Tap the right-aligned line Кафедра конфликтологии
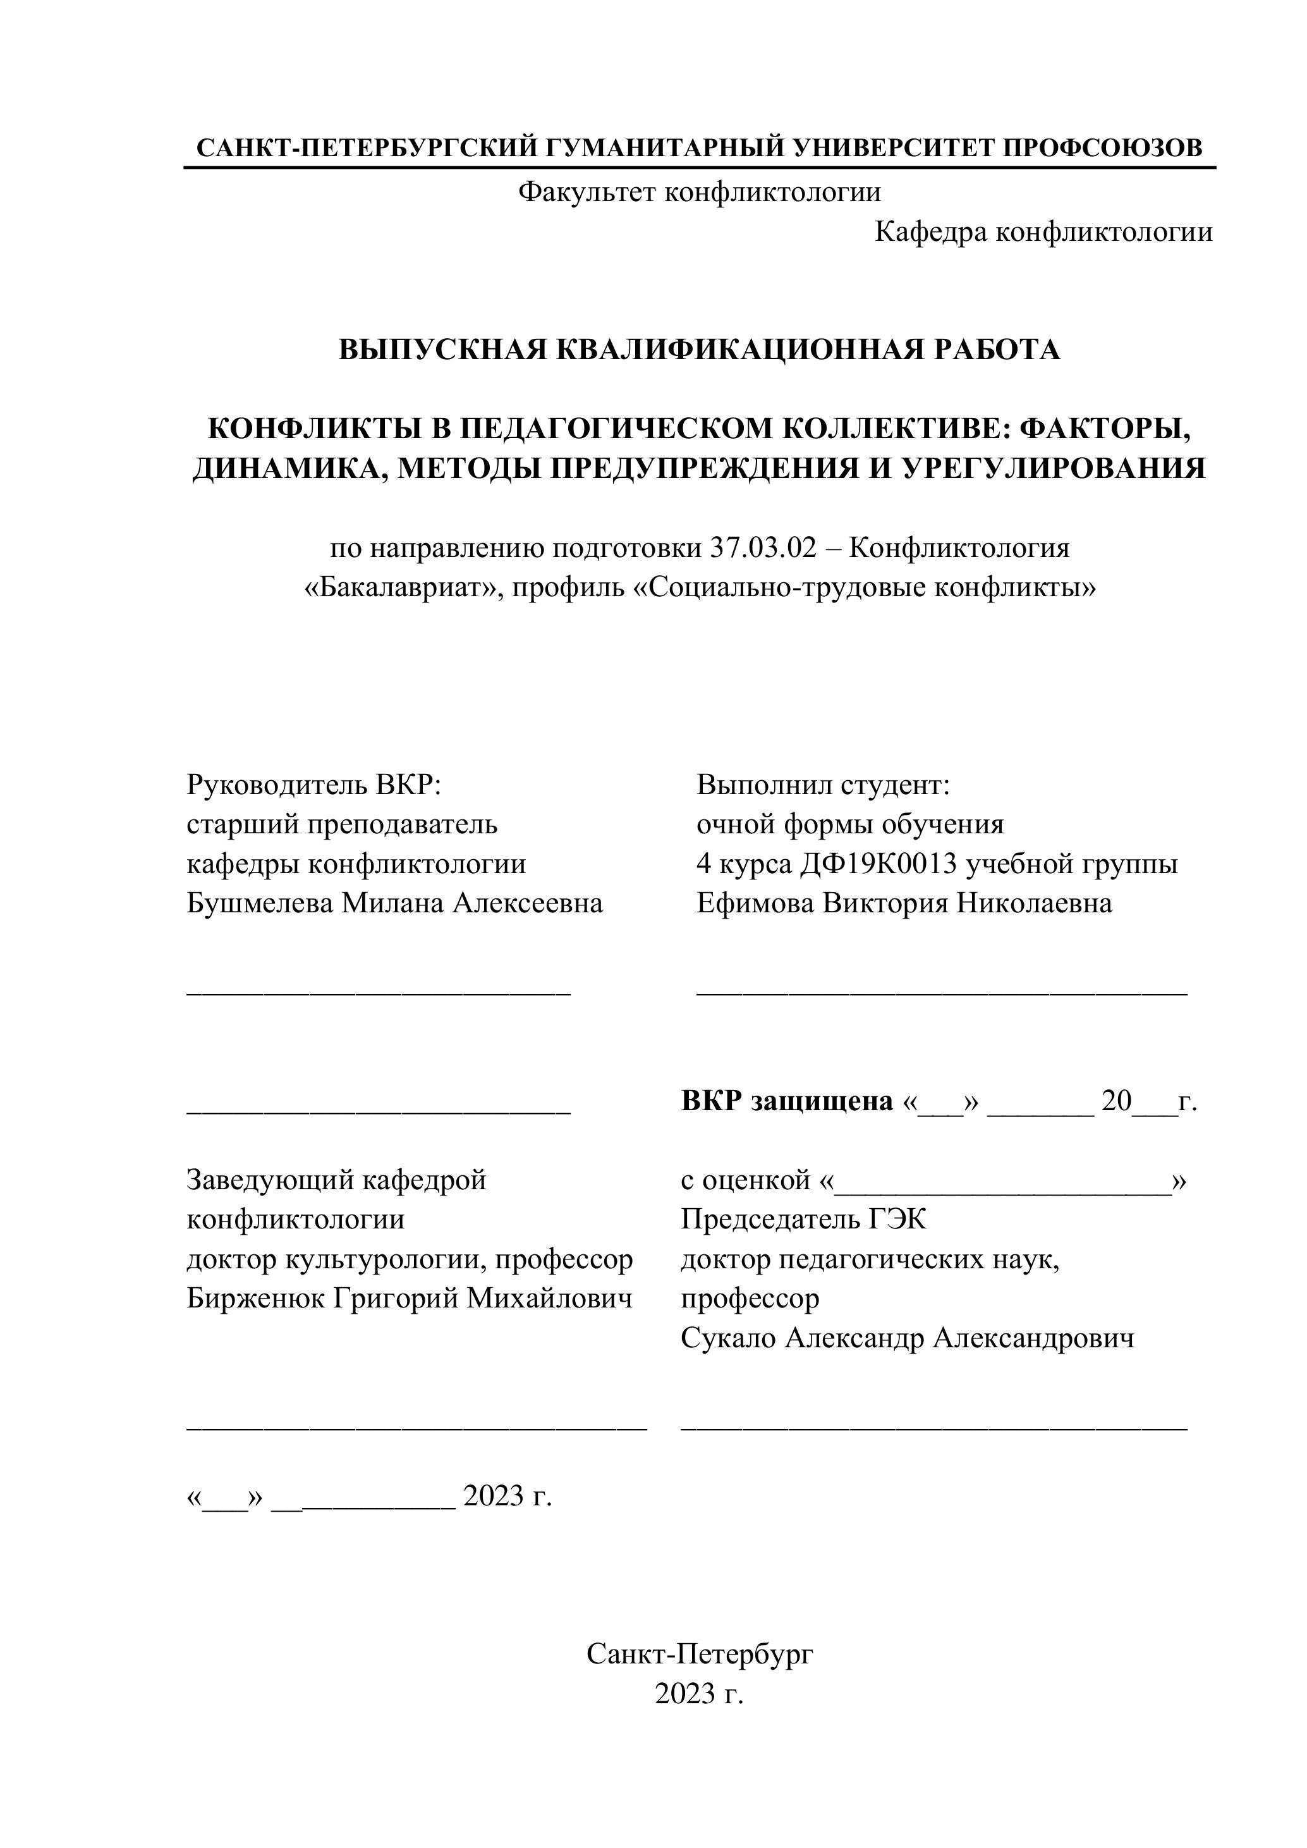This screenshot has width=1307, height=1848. [1043, 233]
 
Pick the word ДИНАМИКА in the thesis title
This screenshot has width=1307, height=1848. [282, 468]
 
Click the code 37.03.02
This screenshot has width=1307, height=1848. [762, 548]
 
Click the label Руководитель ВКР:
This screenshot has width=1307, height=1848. [314, 784]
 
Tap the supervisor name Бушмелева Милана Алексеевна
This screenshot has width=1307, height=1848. [394, 903]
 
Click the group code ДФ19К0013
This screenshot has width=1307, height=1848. [879, 864]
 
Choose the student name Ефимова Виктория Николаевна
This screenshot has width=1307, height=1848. [904, 903]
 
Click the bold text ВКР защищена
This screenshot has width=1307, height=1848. [786, 1101]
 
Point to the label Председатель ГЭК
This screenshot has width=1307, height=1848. [803, 1220]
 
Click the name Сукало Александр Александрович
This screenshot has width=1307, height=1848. [907, 1338]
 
